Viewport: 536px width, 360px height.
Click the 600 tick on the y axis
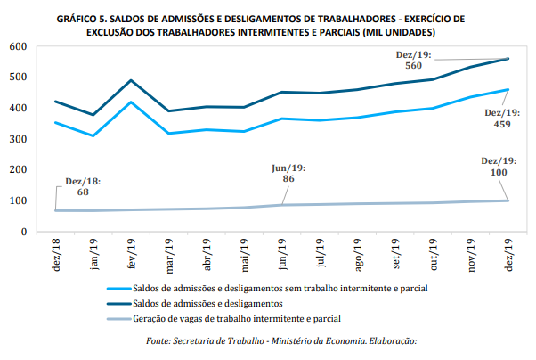pos(19,46)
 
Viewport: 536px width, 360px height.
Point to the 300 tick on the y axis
pos(19,139)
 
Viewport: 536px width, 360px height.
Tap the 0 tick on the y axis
pos(25,232)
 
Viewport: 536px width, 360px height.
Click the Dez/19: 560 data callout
pos(413,60)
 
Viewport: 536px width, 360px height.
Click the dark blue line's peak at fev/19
pos(132,80)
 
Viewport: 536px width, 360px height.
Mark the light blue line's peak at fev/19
pos(132,102)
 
